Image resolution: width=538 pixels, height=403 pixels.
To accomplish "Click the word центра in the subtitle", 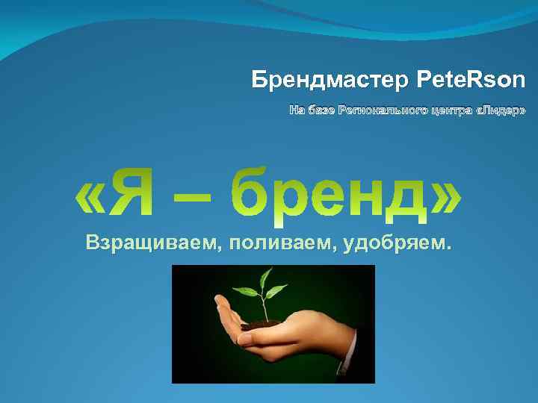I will tap(448, 110).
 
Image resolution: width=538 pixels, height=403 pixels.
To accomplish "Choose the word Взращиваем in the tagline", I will tap(147, 243).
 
